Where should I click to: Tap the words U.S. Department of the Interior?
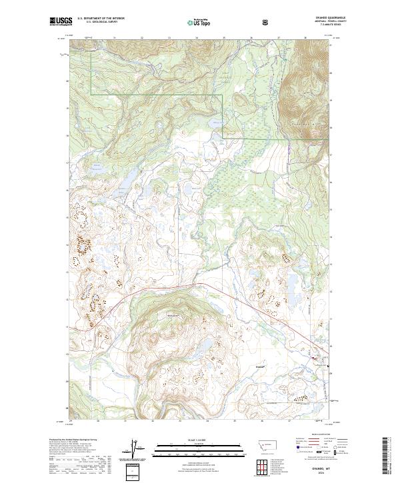(x=97, y=19)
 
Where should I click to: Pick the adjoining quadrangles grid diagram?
(x=261, y=467)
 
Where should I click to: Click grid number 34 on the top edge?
(x=197, y=38)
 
